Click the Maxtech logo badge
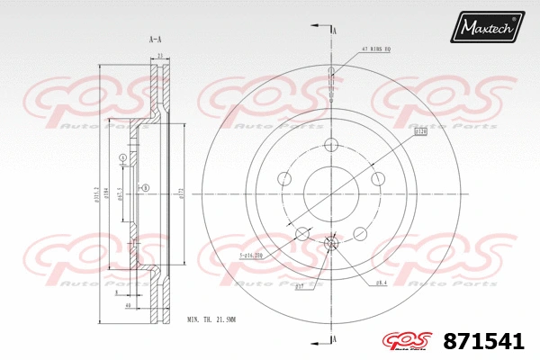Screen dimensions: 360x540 coord(489,27)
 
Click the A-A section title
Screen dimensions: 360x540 coord(155,39)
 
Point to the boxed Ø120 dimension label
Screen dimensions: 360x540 coord(420,133)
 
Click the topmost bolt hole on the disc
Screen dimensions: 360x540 coord(331,145)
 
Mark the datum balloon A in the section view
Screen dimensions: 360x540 coord(122,158)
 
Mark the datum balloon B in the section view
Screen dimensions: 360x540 coord(144,187)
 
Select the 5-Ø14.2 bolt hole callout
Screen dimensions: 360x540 coord(251,257)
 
